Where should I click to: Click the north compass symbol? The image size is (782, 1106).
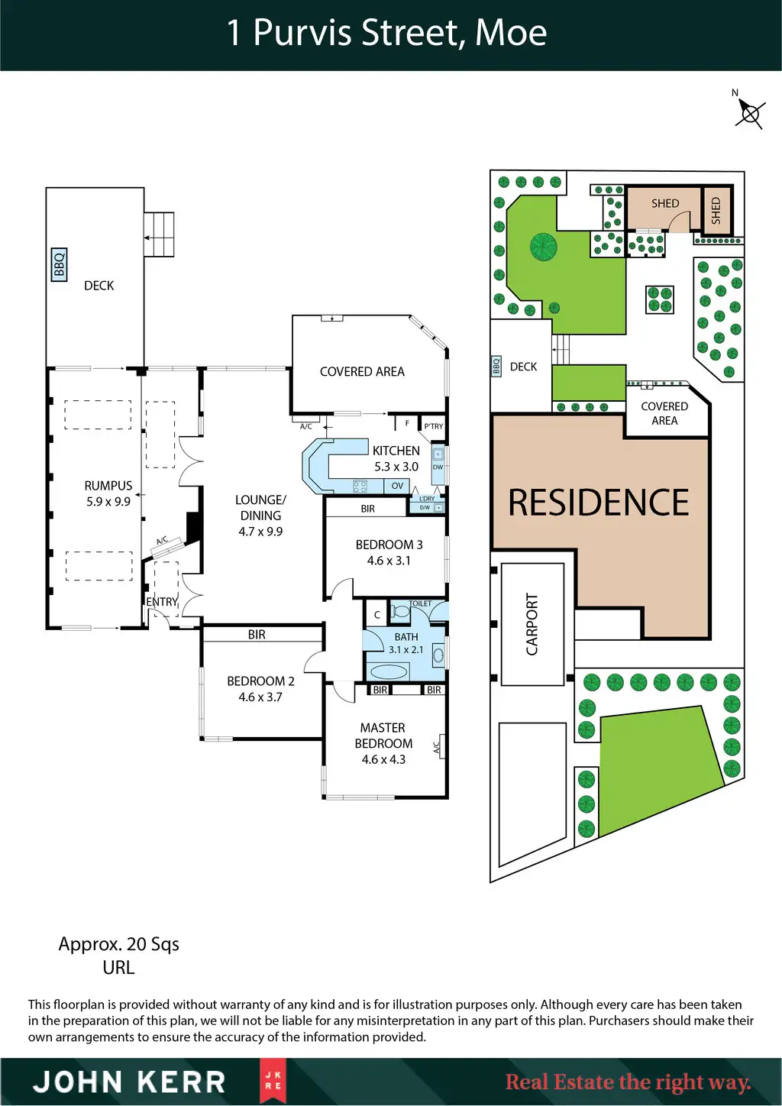749,114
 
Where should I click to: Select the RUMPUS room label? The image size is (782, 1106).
108,486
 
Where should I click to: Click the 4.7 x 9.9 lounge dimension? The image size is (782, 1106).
260,532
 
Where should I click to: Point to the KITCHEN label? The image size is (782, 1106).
396,451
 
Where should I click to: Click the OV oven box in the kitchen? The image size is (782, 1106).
397,486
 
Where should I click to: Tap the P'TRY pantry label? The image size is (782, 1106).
434,426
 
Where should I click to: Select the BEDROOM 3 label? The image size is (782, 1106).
389,545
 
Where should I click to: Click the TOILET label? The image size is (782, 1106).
420,603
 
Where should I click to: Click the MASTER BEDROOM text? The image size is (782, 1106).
383,736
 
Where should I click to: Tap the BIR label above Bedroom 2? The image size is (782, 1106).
257,634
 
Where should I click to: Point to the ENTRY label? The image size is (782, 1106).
162,602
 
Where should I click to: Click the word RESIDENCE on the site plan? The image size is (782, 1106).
599,503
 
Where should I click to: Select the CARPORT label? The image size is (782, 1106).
532,624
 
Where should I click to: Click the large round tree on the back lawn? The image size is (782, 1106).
544,247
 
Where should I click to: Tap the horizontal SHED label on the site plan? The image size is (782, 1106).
664,203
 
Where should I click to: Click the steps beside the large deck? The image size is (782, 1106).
160,234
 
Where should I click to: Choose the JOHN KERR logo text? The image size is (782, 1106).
129,1082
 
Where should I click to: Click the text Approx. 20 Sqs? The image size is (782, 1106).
119,944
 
